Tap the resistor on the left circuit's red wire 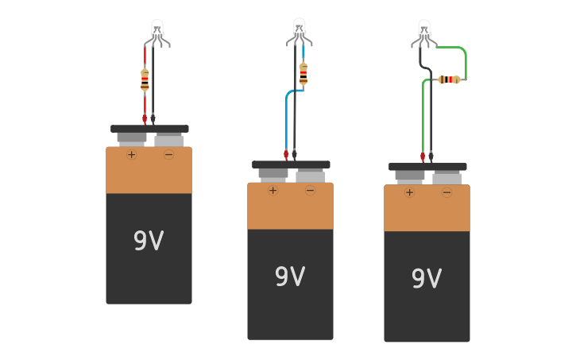pos(145,79)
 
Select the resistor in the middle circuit pos(303,73)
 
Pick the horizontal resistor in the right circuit pos(449,79)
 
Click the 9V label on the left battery pos(149,241)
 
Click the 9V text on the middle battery pos(290,277)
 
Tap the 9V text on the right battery pos(427,279)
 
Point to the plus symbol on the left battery pos(132,154)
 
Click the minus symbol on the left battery pos(168,154)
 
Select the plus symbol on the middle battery pos(273,190)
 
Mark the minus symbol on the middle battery pos(310,190)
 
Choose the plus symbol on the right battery pos(410,192)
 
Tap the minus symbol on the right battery pos(446,192)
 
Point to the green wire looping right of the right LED pos(465,60)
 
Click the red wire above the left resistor pos(145,56)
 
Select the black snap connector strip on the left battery pos(149,129)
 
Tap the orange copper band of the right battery pos(427,211)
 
